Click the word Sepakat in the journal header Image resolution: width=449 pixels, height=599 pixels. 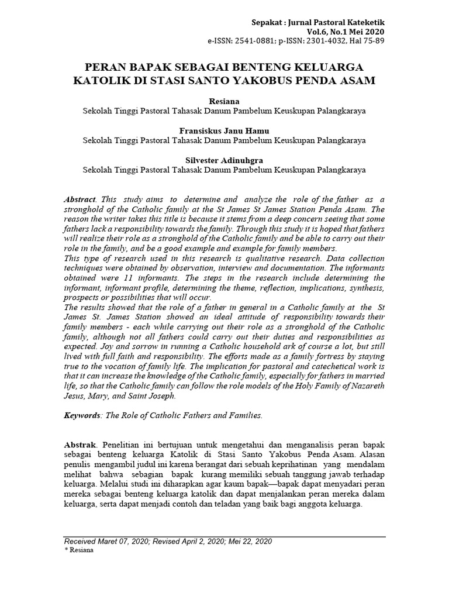tap(267, 22)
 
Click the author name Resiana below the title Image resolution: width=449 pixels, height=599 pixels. tap(224, 102)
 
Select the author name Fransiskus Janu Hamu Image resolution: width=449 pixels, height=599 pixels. tap(224, 131)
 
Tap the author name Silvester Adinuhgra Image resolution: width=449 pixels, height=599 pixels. tap(224, 160)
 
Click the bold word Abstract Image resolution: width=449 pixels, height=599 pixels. tap(79, 199)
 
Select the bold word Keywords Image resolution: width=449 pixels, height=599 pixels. tap(82, 415)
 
